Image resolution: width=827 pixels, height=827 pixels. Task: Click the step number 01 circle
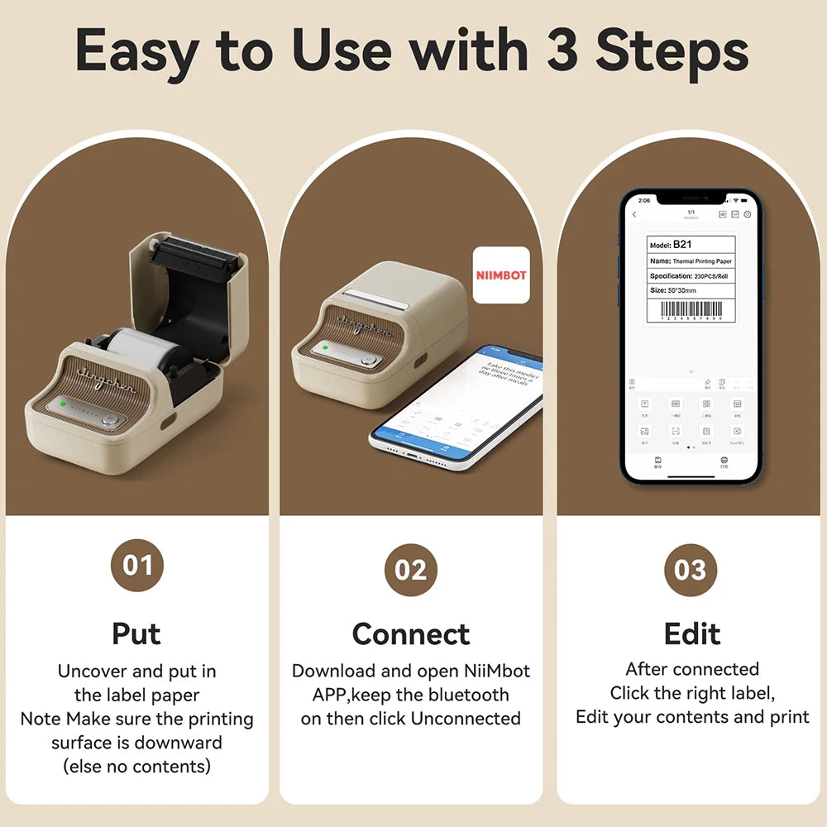[x=137, y=566]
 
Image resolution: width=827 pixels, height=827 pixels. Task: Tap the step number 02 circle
[x=411, y=571]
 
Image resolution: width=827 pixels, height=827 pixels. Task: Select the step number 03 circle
[x=691, y=571]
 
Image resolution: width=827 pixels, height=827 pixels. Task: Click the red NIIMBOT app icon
[x=501, y=275]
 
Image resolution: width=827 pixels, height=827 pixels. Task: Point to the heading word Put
[x=136, y=633]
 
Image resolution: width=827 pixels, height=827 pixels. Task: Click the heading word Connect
[x=411, y=634]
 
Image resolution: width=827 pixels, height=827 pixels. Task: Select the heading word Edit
[x=691, y=634]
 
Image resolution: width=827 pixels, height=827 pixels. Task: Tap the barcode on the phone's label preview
[x=691, y=313]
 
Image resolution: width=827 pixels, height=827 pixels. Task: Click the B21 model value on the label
[x=682, y=245]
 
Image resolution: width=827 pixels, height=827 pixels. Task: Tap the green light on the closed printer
[x=327, y=347]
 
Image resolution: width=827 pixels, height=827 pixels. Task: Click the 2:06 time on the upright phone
[x=644, y=200]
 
